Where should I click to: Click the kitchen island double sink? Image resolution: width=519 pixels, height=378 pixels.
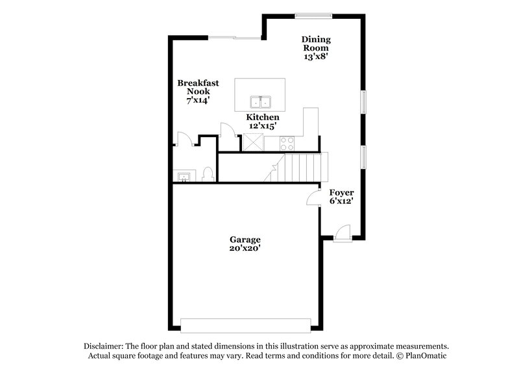click(x=262, y=102)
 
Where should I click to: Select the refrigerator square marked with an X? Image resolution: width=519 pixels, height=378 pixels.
click(x=252, y=141)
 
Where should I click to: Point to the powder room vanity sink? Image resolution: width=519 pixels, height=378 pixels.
click(x=183, y=176)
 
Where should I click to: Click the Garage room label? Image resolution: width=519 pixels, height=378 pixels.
click(x=243, y=238)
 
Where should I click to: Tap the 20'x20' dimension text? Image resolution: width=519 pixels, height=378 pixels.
click(x=243, y=248)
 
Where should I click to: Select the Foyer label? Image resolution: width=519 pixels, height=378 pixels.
click(x=341, y=193)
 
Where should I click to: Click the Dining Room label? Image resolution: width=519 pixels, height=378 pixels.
click(x=315, y=43)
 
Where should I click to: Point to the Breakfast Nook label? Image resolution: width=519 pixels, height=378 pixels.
click(x=198, y=87)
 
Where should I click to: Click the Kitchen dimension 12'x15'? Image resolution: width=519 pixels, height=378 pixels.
click(x=262, y=126)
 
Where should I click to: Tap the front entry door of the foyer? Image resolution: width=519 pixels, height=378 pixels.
click(x=343, y=233)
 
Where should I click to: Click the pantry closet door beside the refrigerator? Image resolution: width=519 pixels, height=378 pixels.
click(x=226, y=130)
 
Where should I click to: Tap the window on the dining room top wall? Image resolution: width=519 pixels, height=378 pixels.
click(x=315, y=16)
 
